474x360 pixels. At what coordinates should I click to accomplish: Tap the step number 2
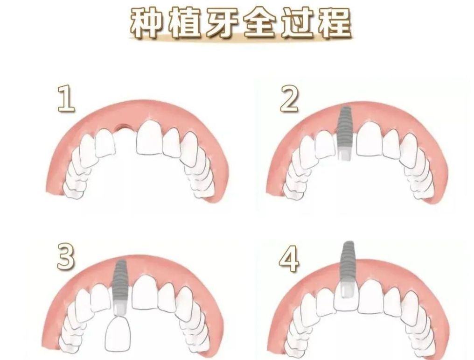[x=289, y=99]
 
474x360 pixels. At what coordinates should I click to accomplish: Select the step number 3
[x=66, y=257]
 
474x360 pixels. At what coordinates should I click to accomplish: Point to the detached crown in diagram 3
[x=118, y=333]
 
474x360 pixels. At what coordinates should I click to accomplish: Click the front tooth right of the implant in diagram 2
[x=369, y=139]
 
